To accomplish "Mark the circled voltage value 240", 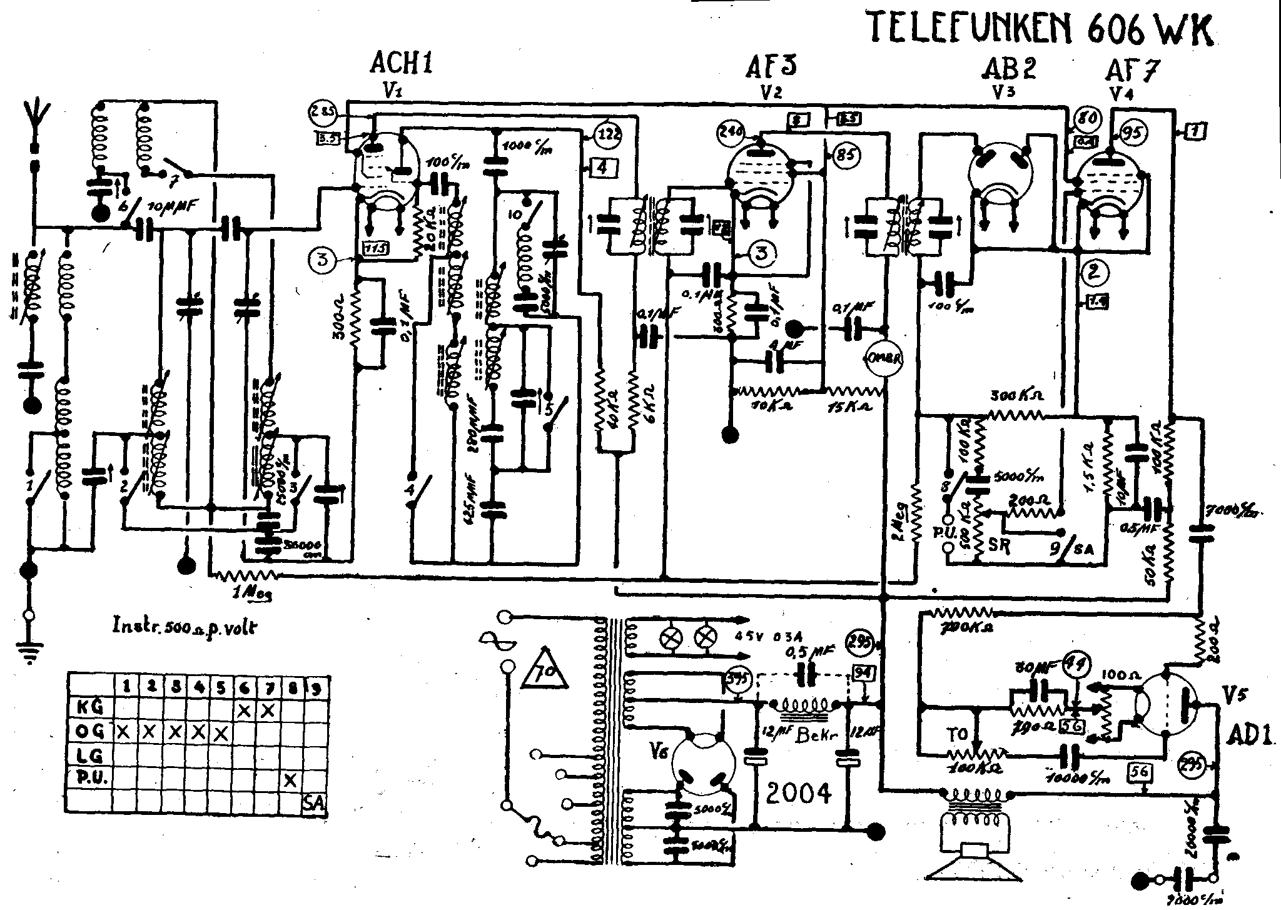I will tap(732, 132).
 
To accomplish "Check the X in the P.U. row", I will tap(290, 780).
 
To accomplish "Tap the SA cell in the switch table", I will tap(312, 803).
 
